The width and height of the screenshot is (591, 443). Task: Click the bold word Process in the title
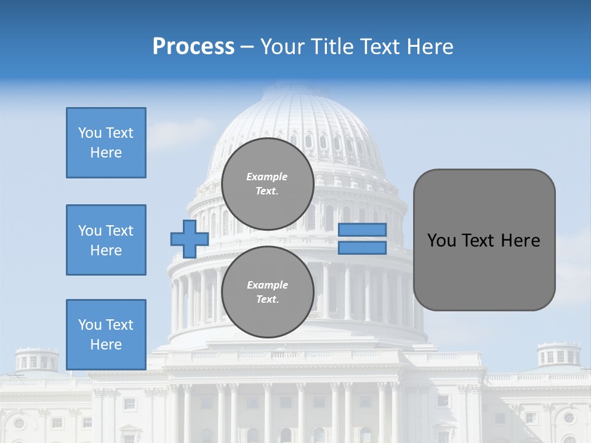click(193, 47)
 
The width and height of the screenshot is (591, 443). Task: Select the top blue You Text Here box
click(106, 143)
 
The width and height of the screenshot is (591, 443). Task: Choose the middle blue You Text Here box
click(106, 240)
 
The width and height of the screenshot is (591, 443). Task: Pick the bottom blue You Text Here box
click(106, 335)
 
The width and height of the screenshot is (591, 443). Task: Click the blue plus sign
click(190, 239)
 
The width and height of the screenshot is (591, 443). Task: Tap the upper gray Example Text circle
click(268, 184)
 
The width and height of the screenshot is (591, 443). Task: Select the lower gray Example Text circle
click(268, 292)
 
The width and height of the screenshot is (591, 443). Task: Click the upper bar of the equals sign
click(362, 229)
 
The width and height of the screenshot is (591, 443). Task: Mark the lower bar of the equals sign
click(362, 247)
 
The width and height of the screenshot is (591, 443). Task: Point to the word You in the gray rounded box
click(442, 241)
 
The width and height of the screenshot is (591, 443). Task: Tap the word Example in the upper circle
click(267, 177)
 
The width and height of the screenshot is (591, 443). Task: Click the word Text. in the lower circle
click(267, 300)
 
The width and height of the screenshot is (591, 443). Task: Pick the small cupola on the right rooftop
click(559, 355)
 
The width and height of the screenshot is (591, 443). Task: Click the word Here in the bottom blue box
click(106, 345)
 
